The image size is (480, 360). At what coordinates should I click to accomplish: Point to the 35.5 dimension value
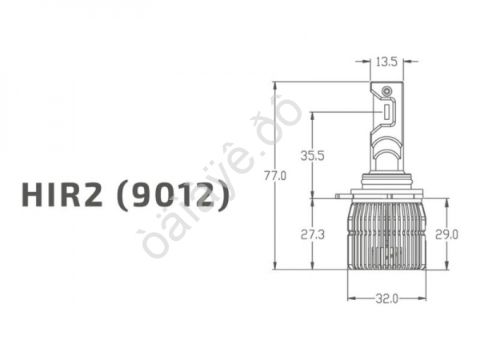click(312, 156)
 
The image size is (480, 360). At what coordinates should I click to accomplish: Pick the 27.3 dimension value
click(312, 234)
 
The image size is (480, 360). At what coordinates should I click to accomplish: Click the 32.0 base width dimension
click(387, 299)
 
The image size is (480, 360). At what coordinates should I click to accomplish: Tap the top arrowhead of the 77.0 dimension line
click(274, 84)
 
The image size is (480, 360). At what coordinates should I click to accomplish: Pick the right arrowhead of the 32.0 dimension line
click(424, 299)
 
